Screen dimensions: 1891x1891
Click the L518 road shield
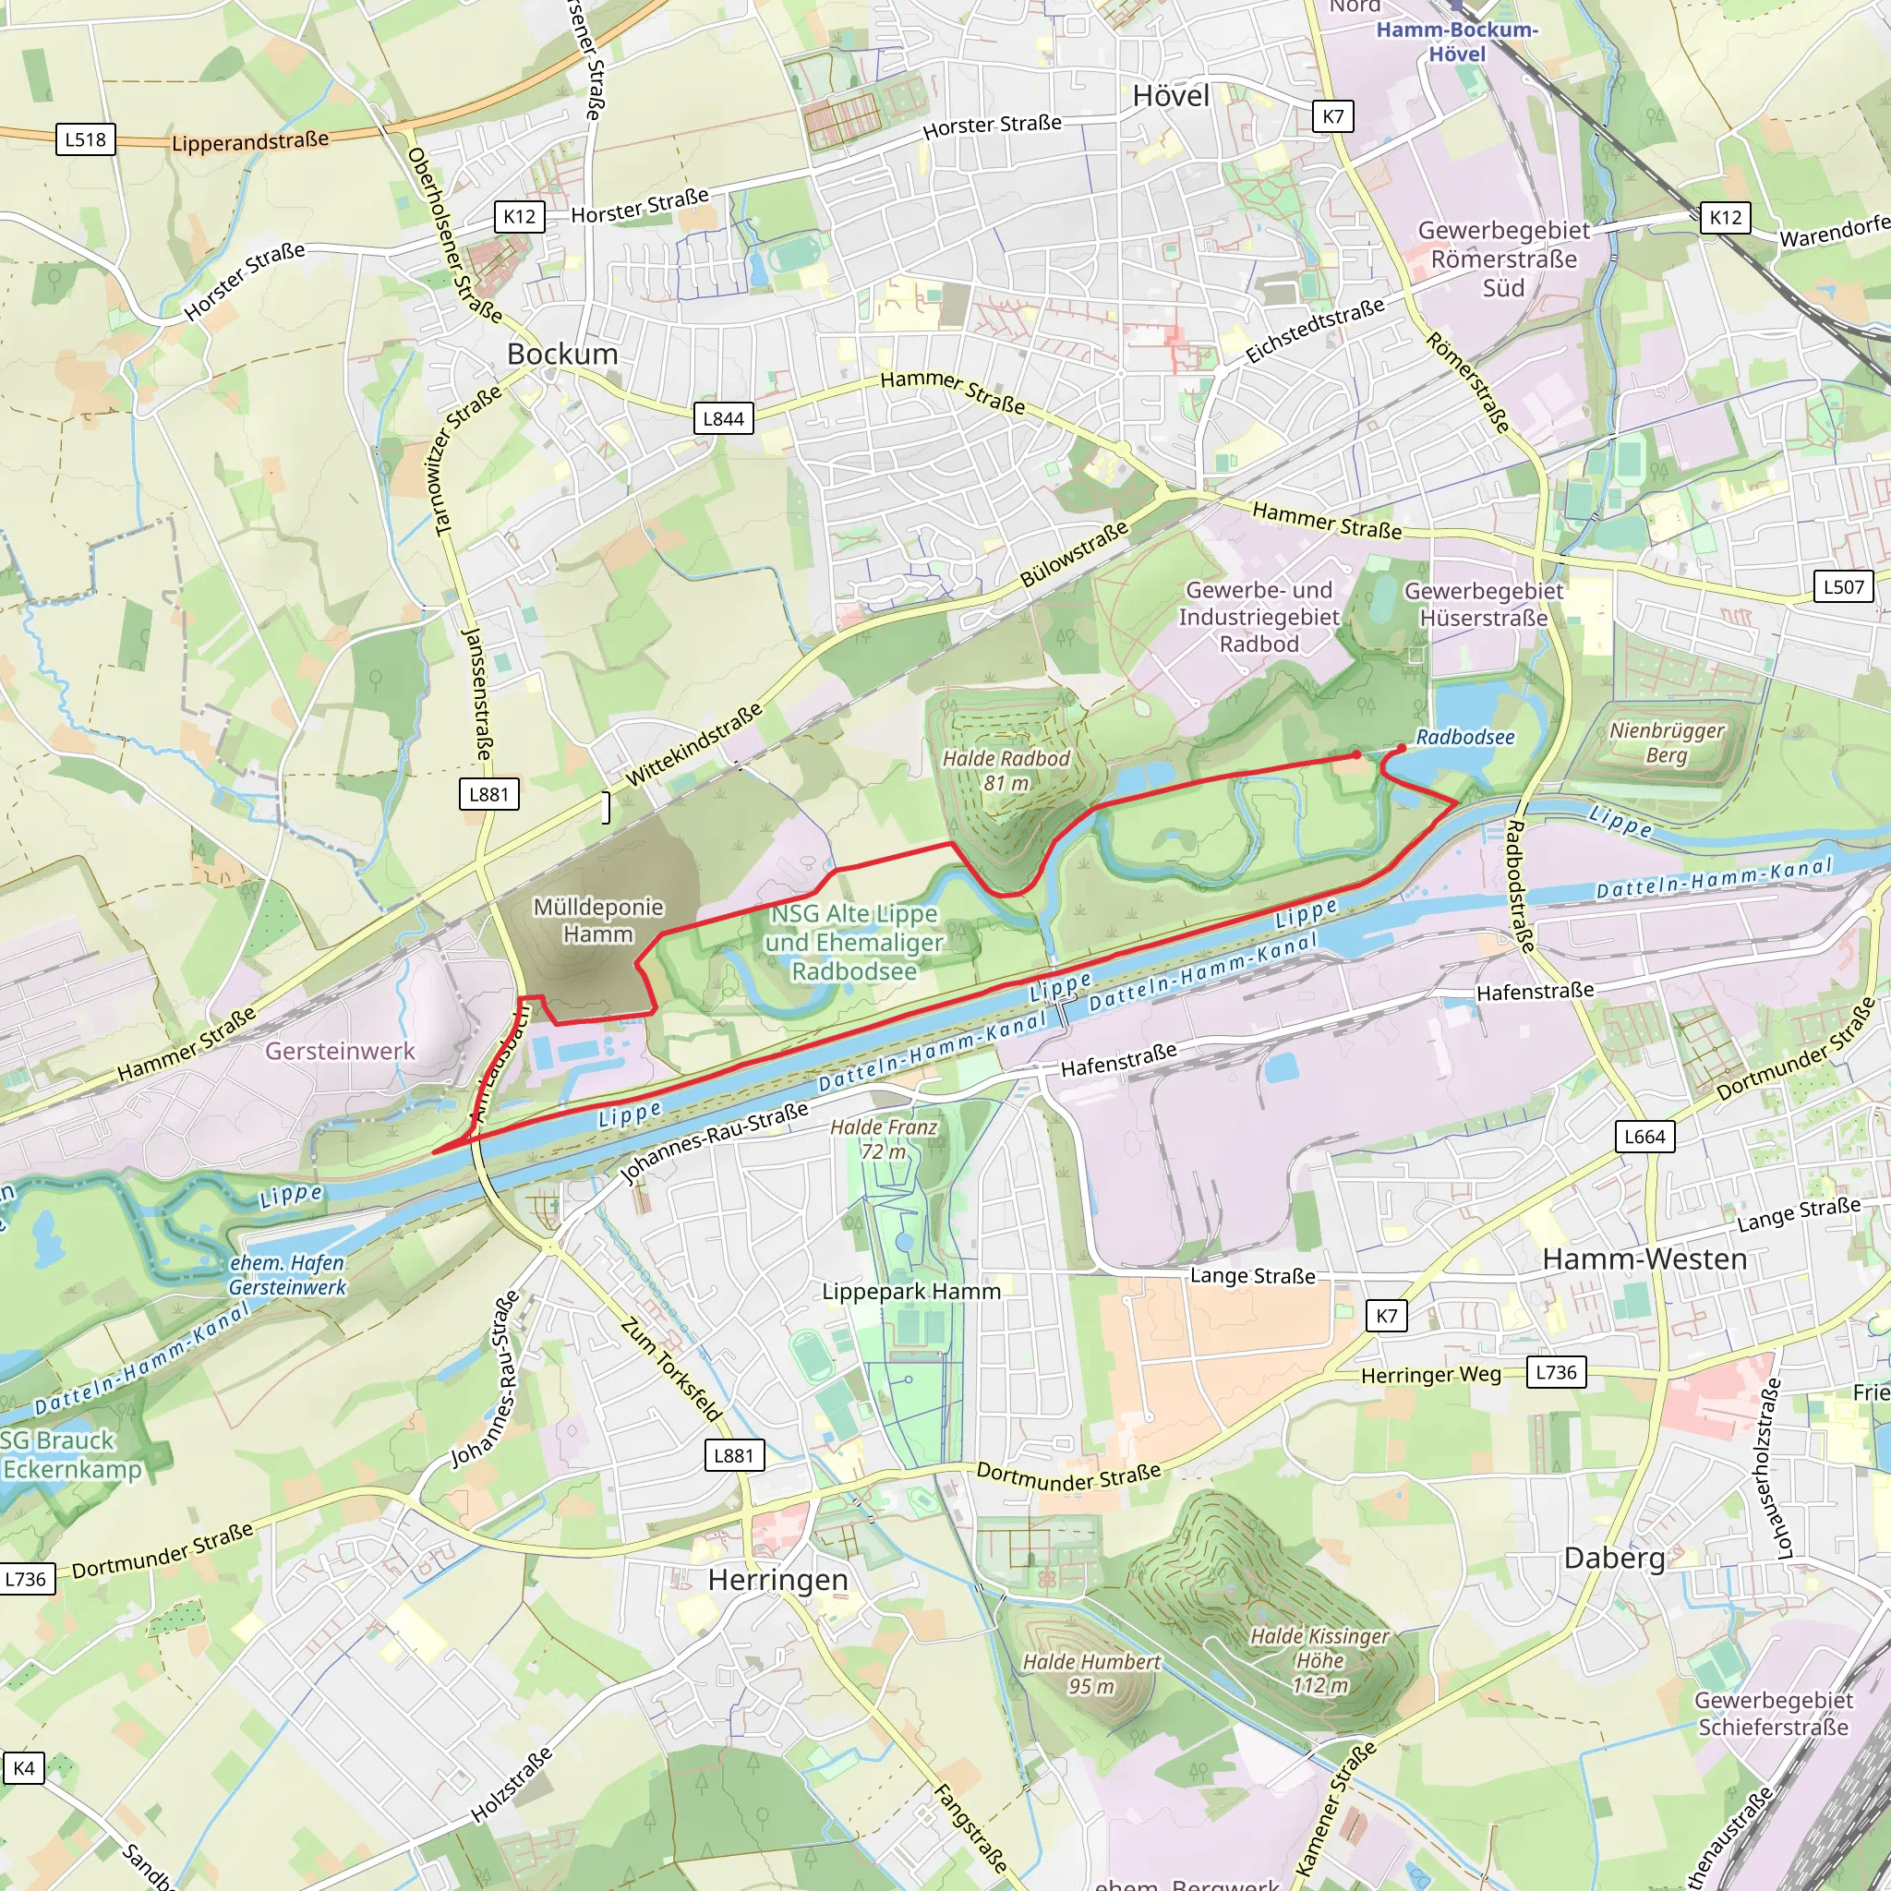click(x=85, y=139)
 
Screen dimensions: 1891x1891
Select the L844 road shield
click(x=723, y=419)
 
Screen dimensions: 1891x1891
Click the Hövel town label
click(x=1171, y=96)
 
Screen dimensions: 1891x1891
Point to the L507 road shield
click(x=1843, y=587)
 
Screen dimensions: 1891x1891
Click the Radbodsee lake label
click(x=1465, y=738)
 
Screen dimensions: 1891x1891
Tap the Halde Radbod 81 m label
click(x=1006, y=770)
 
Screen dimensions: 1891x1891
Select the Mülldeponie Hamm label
click(x=598, y=921)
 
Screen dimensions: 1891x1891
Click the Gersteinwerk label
click(x=340, y=1051)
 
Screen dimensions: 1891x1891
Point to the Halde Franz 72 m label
click(x=883, y=1139)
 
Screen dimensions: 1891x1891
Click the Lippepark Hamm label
click(x=911, y=1292)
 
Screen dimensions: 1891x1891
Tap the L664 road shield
click(x=1644, y=1137)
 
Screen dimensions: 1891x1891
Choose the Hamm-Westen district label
click(x=1644, y=1259)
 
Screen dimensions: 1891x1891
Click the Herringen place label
click(x=778, y=1581)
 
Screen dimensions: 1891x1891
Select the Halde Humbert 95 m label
click(x=1091, y=1674)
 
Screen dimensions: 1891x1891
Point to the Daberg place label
click(x=1615, y=1559)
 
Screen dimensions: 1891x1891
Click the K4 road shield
click(x=23, y=1768)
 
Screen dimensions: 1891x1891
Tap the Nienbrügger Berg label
click(x=1667, y=743)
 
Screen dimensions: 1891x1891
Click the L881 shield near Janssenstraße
click(x=488, y=794)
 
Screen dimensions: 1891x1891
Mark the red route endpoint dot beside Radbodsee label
click(x=1401, y=748)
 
